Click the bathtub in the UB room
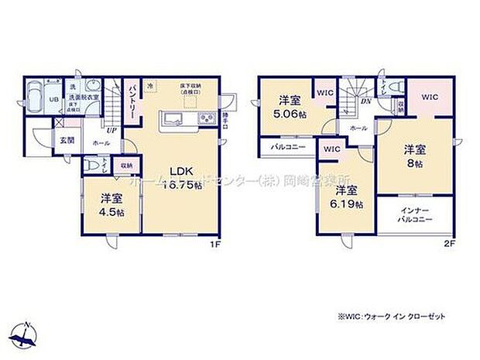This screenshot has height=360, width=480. [x=35, y=99]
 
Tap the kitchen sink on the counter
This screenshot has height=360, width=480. [x=172, y=119]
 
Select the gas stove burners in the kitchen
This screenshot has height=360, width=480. [x=207, y=119]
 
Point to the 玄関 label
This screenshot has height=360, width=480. [x=67, y=140]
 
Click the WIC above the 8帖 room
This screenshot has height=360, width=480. [x=430, y=97]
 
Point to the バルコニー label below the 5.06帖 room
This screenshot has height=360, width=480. [x=288, y=146]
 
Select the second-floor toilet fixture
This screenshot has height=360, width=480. [x=390, y=87]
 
